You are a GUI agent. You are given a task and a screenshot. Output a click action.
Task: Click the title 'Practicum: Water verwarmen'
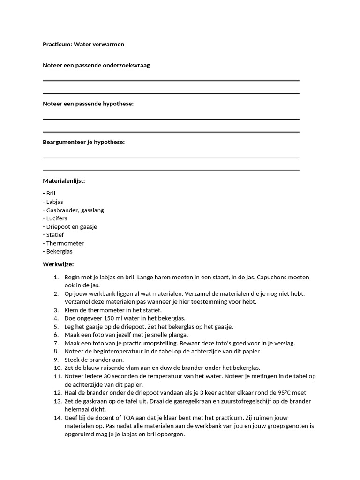coord(83,45)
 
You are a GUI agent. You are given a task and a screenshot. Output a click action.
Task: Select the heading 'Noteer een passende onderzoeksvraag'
coord(96,66)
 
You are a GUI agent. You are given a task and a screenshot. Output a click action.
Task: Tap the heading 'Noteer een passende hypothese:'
coord(88,104)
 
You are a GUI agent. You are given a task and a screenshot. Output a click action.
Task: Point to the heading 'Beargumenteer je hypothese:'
coord(84,142)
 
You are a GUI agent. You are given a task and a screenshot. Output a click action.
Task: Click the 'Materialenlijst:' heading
coord(64,180)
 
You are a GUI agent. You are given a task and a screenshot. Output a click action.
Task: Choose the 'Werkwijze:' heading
coord(58,264)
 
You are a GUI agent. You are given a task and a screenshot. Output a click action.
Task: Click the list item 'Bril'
coord(51,193)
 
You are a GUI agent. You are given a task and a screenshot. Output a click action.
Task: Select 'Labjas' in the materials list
coord(54,202)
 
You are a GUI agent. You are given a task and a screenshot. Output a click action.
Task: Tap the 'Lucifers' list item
coord(56,218)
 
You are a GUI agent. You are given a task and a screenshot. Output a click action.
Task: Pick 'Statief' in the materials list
coord(55,235)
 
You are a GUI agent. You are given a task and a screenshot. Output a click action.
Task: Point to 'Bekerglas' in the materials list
coord(59,252)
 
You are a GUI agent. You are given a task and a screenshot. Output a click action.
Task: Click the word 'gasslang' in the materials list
coord(92,210)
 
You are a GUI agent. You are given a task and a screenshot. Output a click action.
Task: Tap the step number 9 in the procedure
coord(56,360)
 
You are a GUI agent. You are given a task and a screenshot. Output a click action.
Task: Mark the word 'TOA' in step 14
coord(129,418)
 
